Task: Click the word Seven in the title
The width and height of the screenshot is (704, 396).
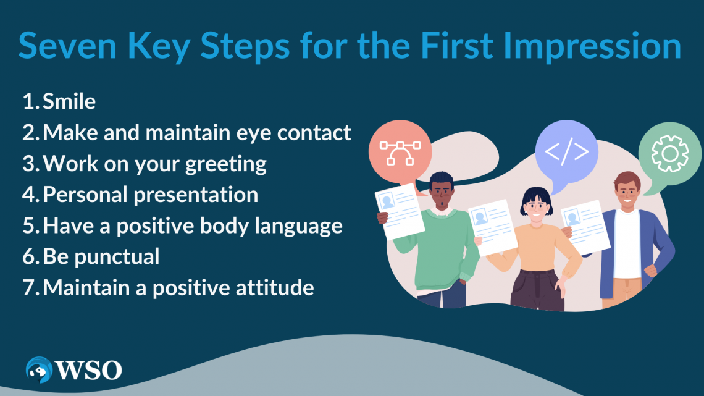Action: coord(68,45)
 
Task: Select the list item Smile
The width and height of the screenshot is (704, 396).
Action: coord(69,101)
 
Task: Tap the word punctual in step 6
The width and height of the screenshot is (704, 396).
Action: coord(117,257)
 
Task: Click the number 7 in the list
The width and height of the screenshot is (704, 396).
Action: coord(29,288)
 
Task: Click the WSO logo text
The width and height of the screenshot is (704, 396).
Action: coord(88,370)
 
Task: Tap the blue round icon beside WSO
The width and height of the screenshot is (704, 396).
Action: coord(39,370)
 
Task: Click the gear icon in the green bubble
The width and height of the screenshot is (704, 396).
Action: coord(670,154)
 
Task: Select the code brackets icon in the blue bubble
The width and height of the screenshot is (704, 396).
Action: coord(567,151)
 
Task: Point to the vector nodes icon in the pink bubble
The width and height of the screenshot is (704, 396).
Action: coord(400,153)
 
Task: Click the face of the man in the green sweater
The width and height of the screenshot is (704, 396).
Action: coord(442,193)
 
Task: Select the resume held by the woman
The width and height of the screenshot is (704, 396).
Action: coord(493,227)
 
